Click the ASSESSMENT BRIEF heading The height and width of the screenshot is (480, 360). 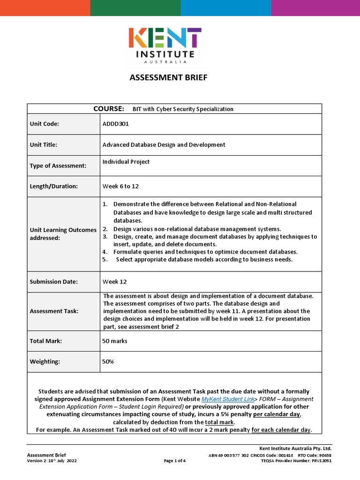point(168,77)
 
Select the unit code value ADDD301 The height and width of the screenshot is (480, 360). point(115,124)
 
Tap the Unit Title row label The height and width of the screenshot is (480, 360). point(44,145)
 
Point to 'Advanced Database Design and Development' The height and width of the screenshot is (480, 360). point(164,145)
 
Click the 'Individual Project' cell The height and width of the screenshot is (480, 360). point(126,162)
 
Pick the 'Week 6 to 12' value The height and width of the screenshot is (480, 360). point(120,186)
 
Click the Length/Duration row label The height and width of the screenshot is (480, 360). point(54,186)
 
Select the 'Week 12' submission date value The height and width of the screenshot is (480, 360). point(114,282)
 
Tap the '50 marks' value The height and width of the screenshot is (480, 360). point(114,341)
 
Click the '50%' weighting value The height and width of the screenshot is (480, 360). point(108,362)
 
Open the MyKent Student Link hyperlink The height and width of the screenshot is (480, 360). point(228,399)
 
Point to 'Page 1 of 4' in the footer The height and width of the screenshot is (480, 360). point(174,461)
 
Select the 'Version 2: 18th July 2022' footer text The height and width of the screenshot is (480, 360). point(52,461)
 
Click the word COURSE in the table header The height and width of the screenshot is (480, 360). point(108,109)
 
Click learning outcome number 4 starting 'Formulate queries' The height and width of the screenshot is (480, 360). point(205,252)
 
